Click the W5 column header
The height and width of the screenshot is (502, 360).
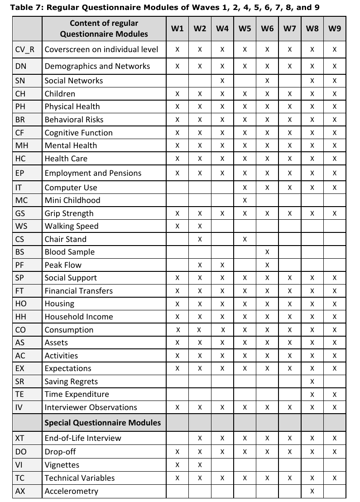point(245,29)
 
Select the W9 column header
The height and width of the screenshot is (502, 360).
point(335,29)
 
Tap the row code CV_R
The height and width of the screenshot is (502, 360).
point(24,49)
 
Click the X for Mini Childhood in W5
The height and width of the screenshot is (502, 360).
point(245,200)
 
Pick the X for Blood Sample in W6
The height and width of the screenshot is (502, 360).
point(267,252)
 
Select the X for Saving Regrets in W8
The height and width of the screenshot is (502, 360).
point(312,381)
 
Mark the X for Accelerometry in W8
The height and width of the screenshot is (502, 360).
point(312,491)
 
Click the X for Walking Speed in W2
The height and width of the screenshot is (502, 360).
point(200,226)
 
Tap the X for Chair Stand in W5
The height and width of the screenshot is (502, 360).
point(245,239)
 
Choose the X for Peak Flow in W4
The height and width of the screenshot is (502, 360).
point(222,265)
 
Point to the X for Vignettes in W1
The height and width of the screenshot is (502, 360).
point(178,465)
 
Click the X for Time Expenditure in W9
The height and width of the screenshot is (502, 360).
point(335,395)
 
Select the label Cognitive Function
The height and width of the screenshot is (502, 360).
point(78,133)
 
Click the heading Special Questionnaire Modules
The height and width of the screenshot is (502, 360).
point(102,423)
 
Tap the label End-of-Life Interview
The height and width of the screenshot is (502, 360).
point(83,438)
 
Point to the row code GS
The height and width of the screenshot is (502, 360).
point(20,213)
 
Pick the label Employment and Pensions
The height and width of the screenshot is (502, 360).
point(93,173)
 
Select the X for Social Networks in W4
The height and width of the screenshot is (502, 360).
point(222,81)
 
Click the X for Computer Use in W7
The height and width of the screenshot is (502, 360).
point(290,188)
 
